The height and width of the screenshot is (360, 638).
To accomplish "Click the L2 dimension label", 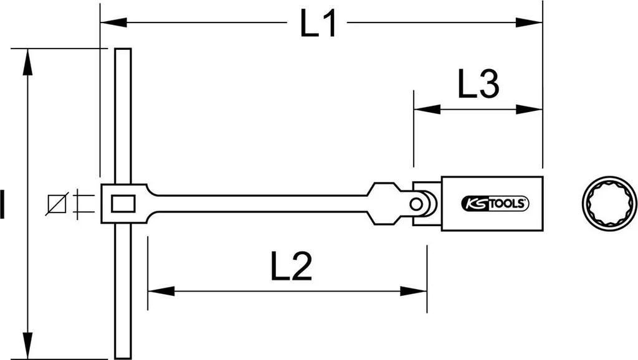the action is tap(292, 266).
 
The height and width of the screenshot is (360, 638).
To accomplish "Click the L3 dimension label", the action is tap(478, 84).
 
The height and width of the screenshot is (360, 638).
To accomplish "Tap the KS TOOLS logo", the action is tap(495, 204).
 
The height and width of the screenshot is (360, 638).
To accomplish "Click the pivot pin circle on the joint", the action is tap(416, 204).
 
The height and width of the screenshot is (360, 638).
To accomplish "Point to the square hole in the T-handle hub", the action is tap(123, 204).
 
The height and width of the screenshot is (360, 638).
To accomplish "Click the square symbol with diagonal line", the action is tap(57, 204).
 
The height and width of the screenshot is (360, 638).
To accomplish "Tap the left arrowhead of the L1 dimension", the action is tap(113, 22).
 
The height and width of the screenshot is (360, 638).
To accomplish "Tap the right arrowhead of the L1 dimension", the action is tap(529, 22).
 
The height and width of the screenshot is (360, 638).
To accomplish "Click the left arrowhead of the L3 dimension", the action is tap(427, 109).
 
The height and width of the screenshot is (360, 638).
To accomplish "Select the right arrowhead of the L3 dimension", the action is tap(529, 109).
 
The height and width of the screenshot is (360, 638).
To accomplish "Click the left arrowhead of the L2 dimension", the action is tap(161, 291).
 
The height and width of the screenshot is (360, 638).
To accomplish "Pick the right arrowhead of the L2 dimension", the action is tap(414, 291).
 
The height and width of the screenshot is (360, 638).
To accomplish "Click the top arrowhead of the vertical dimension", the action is tap(27, 62).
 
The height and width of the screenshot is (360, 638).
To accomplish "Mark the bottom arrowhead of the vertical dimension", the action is tap(27, 346).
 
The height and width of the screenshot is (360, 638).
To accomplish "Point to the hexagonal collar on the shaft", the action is tap(383, 204).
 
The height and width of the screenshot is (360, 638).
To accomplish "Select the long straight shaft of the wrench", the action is tap(260, 204).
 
